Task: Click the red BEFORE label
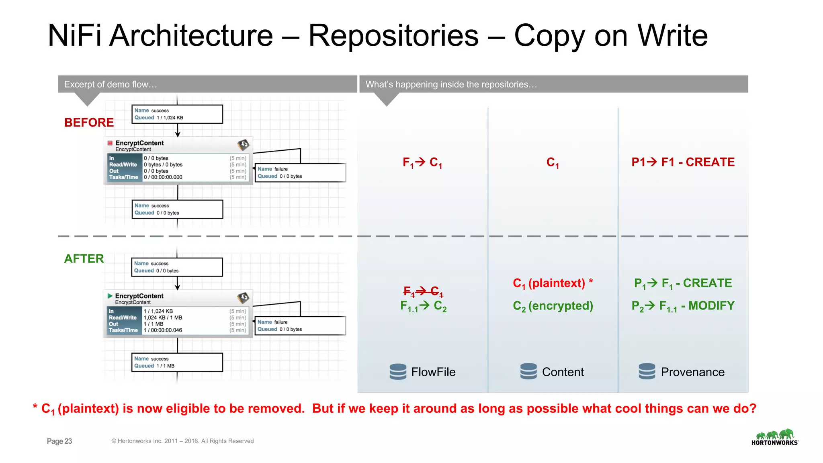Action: coord(89,122)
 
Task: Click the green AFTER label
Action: coord(84,258)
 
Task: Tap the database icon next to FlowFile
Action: coord(398,371)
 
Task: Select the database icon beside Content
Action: coord(528,371)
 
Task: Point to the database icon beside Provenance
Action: coord(647,371)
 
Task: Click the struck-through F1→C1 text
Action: coord(423,291)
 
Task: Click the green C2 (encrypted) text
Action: coord(553,306)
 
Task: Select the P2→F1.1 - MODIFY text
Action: coord(683,306)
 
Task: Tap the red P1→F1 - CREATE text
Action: coord(683,162)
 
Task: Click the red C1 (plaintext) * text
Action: coord(553,283)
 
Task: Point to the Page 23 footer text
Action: coord(59,441)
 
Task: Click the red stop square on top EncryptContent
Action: coord(110,143)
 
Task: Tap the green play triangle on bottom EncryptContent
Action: coord(110,296)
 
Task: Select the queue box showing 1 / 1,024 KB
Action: coord(177,114)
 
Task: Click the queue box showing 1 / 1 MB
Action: coord(177,362)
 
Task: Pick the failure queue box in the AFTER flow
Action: coord(300,326)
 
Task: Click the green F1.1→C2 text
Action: coord(423,306)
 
